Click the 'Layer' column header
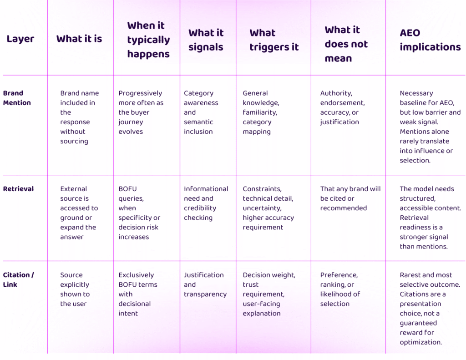(20, 39)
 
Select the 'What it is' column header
(79, 39)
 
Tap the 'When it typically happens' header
(149, 40)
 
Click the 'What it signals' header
(206, 40)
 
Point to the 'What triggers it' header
(274, 40)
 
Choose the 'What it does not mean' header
(346, 44)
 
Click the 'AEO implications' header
(430, 40)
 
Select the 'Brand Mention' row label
(17, 98)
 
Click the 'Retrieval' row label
(18, 189)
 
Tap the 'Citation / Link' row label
(18, 279)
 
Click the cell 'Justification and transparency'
(205, 284)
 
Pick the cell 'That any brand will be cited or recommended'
(350, 198)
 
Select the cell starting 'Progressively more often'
(141, 112)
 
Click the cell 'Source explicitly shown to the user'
(75, 289)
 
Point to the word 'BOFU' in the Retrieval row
(127, 189)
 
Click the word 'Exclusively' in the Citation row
(136, 275)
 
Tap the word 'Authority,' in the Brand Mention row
(336, 93)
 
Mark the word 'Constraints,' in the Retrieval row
(262, 189)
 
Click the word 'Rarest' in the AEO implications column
(410, 275)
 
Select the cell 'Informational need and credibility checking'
(206, 203)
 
